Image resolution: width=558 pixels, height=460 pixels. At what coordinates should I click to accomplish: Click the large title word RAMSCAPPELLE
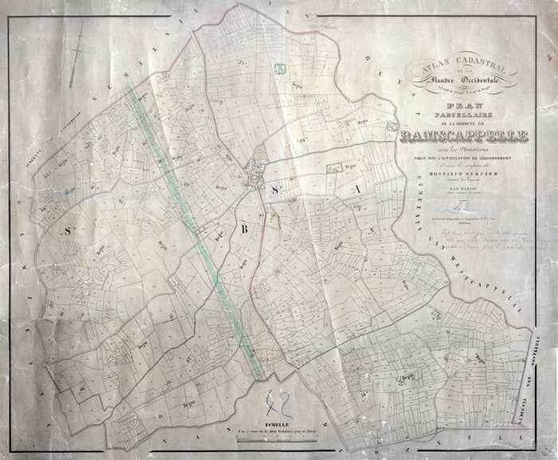click(x=466, y=136)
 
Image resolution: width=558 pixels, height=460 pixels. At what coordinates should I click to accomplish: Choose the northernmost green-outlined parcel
click(x=280, y=69)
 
